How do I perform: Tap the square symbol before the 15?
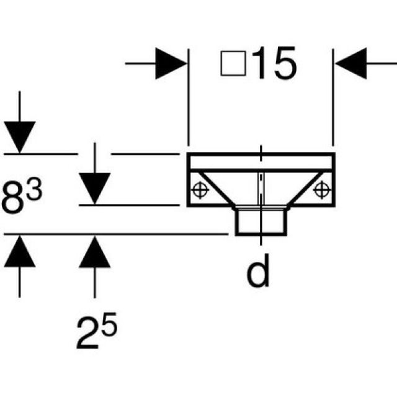pos(233,65)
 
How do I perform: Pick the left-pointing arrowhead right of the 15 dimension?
pos(352,63)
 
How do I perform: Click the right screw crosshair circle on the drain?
pos(321,188)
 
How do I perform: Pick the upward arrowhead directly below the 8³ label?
pos(19,251)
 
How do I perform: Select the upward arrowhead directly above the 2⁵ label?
pos(94,251)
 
